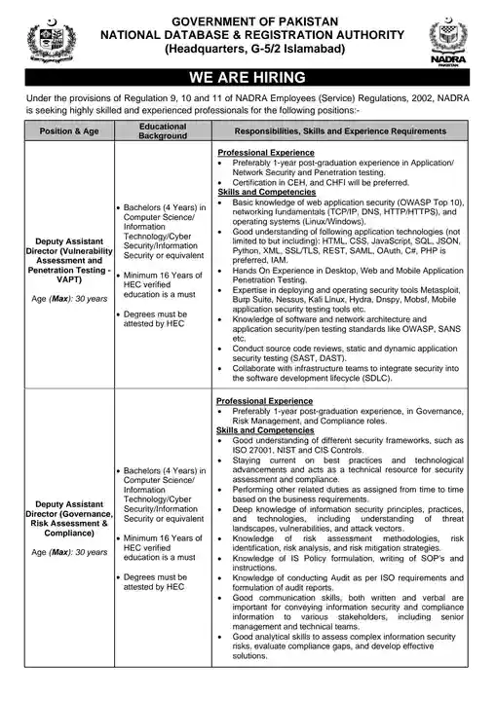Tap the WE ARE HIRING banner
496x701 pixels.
coord(248,78)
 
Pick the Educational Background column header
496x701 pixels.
coord(163,131)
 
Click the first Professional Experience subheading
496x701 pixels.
coord(265,154)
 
